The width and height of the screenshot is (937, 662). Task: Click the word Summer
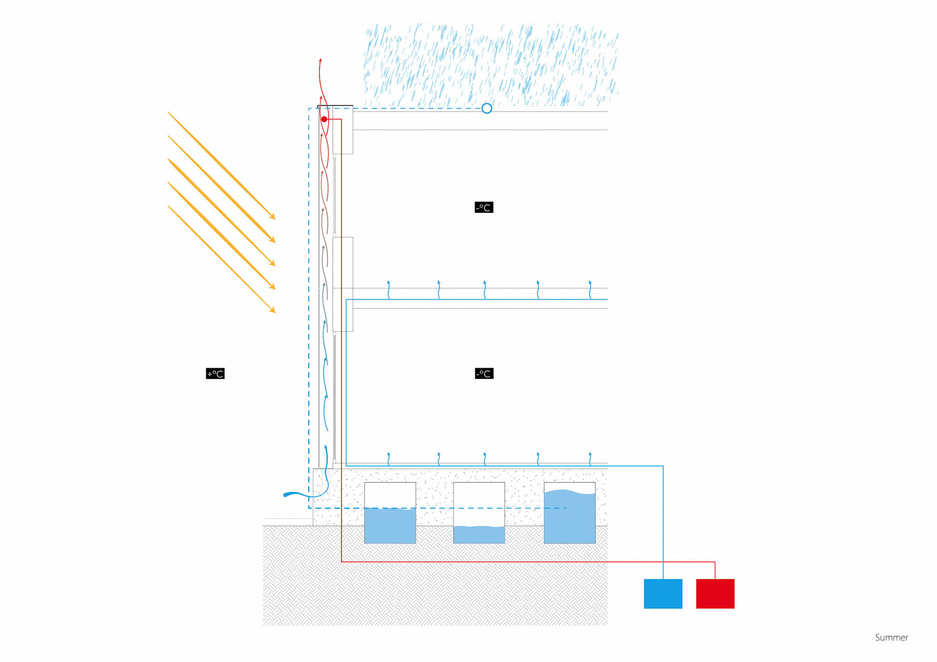(x=891, y=638)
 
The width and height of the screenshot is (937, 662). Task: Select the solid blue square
(x=663, y=593)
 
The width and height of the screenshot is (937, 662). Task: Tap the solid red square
(x=715, y=593)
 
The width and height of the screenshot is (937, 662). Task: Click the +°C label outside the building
(x=215, y=374)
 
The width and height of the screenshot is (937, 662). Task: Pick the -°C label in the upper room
(x=484, y=207)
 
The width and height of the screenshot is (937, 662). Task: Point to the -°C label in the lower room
(x=484, y=374)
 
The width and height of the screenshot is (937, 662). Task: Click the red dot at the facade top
(x=324, y=119)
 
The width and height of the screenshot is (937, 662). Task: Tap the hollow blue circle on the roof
(x=487, y=108)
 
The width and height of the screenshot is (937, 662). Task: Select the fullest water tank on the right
(x=570, y=513)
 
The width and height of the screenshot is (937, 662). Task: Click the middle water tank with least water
(x=479, y=513)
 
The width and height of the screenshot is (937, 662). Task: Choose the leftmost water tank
(x=390, y=513)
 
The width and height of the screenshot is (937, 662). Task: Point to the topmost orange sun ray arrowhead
(x=273, y=217)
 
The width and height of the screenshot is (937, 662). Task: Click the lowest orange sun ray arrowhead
(x=273, y=310)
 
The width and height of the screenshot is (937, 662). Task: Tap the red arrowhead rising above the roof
(x=321, y=61)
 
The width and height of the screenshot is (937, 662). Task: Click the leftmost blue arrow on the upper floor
(x=389, y=289)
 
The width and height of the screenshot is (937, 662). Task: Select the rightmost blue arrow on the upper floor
(x=590, y=289)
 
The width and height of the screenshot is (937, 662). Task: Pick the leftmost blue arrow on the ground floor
(x=389, y=459)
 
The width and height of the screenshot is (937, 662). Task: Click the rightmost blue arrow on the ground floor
(x=590, y=459)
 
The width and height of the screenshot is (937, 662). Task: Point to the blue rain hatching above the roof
(x=490, y=63)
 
